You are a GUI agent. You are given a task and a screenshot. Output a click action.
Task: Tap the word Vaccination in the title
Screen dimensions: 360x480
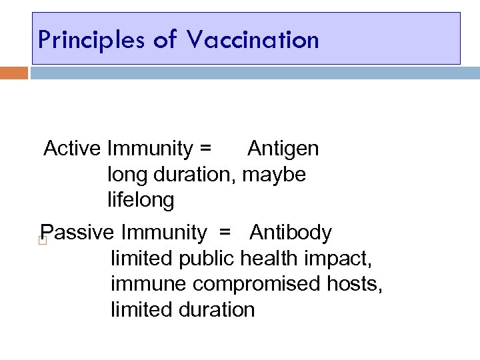click(253, 40)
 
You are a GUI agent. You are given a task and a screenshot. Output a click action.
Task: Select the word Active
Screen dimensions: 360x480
click(72, 149)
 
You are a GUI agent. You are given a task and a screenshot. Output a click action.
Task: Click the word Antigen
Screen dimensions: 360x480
click(283, 149)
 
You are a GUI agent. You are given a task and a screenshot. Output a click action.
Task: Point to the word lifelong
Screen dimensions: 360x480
click(141, 199)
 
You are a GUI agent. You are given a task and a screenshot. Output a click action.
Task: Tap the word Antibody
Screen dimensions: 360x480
click(291, 233)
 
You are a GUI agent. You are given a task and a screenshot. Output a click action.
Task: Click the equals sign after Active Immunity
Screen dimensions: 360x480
click(205, 149)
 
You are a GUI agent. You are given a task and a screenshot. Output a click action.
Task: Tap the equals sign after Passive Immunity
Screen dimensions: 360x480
click(225, 233)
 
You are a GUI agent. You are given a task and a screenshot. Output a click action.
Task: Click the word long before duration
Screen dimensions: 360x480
click(127, 175)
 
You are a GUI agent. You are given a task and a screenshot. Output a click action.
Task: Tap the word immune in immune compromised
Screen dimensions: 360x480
click(149, 284)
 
